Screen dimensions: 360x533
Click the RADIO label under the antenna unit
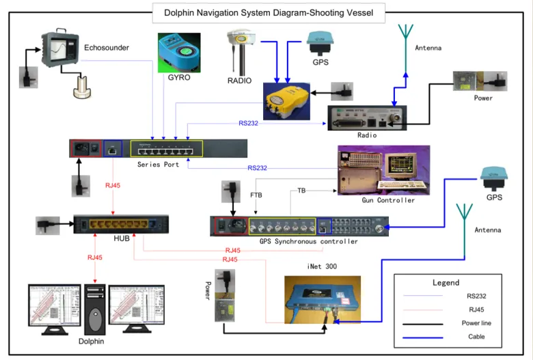(x=239, y=80)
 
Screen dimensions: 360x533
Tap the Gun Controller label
(x=387, y=200)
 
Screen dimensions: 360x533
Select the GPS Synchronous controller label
(x=308, y=242)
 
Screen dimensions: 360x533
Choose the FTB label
(x=256, y=195)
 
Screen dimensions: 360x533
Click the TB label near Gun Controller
(x=301, y=191)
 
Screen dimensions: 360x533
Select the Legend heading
(x=446, y=282)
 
